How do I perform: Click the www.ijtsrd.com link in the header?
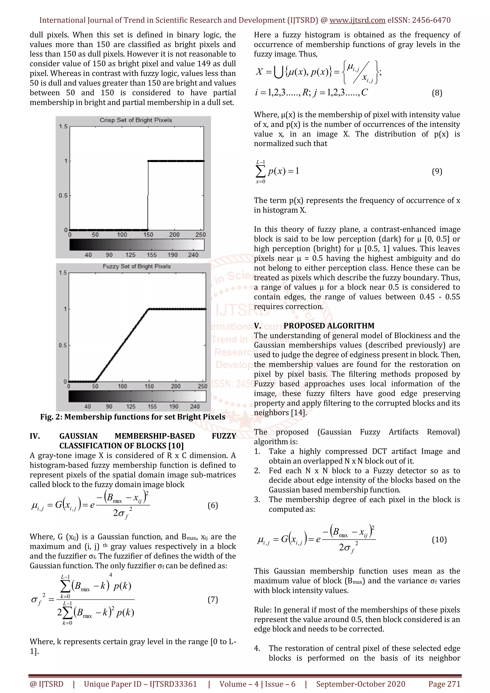pos(357,20)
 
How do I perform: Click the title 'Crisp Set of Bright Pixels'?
pos(136,120)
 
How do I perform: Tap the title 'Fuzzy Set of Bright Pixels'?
pos(136,266)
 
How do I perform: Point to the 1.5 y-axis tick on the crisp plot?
pos(63,126)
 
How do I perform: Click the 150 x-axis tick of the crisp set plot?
pos(148,235)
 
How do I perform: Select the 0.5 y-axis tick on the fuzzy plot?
pos(63,345)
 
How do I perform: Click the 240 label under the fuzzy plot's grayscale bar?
pos(195,406)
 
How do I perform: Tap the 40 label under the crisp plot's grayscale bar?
pos(88,255)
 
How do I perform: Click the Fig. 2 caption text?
pos(133,417)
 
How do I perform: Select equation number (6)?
pos(213,505)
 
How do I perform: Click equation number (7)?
pos(213,599)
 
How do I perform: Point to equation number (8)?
pos(437,93)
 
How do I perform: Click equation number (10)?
pos(439,539)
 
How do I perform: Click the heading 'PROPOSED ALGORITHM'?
pos(329,326)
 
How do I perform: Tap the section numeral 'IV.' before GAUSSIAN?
pos(35,436)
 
